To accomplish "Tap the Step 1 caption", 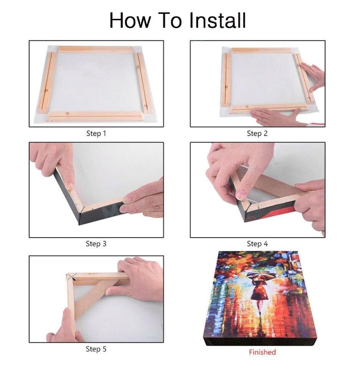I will point(96,134).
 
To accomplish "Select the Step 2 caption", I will point(257,134).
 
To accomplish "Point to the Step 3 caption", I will point(96,244).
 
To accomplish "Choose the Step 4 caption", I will point(257,244).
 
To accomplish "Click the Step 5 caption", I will point(96,349).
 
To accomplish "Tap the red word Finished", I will point(262,352).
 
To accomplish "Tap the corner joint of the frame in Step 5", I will point(71,277).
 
